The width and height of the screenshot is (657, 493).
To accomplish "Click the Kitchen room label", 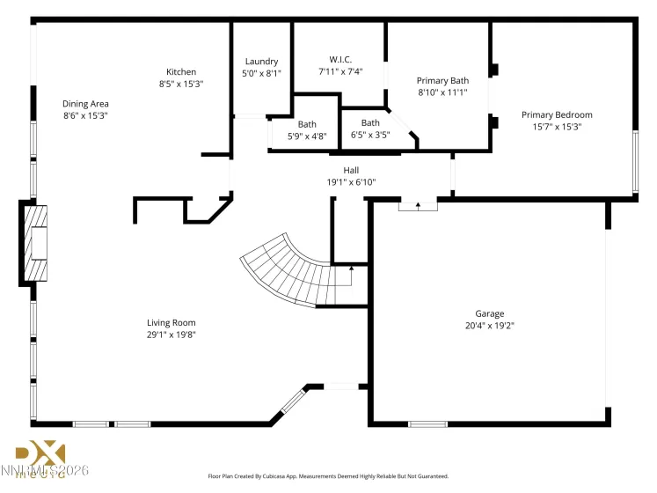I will click(x=181, y=72).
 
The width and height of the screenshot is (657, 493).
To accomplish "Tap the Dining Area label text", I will click(x=85, y=103).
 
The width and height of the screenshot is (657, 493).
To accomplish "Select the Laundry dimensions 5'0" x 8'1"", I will click(x=261, y=74).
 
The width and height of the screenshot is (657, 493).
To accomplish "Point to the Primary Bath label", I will click(x=442, y=80).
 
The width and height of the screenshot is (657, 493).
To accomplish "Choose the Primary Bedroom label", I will click(x=556, y=114).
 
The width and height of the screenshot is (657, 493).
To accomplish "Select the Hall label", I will click(x=351, y=170).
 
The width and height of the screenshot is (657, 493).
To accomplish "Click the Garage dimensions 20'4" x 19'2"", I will click(x=490, y=326).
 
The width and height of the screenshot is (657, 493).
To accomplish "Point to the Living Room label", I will click(x=171, y=322).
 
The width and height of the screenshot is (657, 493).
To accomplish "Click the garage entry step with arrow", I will click(x=418, y=205).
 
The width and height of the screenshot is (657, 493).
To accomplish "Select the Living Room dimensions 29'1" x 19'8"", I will click(x=171, y=335).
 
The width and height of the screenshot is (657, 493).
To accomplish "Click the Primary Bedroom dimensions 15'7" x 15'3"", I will click(x=556, y=127).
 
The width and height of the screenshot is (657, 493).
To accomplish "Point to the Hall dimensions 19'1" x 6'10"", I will click(x=351, y=182).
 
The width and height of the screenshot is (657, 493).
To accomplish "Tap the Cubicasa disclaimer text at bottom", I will click(x=328, y=476).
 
